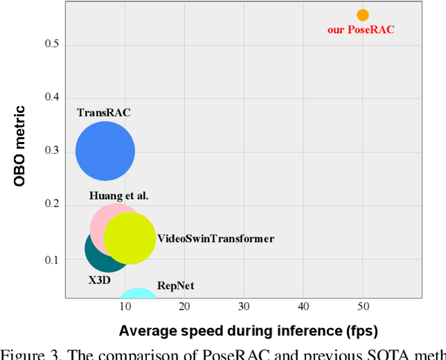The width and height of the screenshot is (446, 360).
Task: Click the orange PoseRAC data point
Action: [x=362, y=15]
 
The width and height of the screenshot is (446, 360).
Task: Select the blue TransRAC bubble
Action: [x=105, y=151]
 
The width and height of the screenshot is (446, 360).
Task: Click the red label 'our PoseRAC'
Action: [x=361, y=30]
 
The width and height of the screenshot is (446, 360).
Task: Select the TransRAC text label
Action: [x=104, y=112]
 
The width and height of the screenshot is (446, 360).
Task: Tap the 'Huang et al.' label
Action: [x=118, y=196]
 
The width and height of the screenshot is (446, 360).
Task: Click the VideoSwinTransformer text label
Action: [x=215, y=239]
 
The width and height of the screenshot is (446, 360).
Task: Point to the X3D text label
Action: [x=98, y=281]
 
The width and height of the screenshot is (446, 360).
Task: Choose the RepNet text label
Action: [x=176, y=285]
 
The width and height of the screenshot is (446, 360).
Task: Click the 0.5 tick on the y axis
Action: [x=52, y=45]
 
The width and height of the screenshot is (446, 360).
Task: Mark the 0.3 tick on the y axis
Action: [x=52, y=151]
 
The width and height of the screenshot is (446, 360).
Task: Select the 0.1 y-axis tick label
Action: [x=52, y=260]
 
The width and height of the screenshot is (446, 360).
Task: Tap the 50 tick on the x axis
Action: [x=362, y=306]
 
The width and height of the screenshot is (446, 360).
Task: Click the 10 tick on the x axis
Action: [x=125, y=306]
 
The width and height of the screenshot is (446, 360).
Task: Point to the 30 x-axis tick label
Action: [x=244, y=306]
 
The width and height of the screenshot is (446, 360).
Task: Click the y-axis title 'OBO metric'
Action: [x=20, y=146]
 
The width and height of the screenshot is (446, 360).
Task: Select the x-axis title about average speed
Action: [x=248, y=331]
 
